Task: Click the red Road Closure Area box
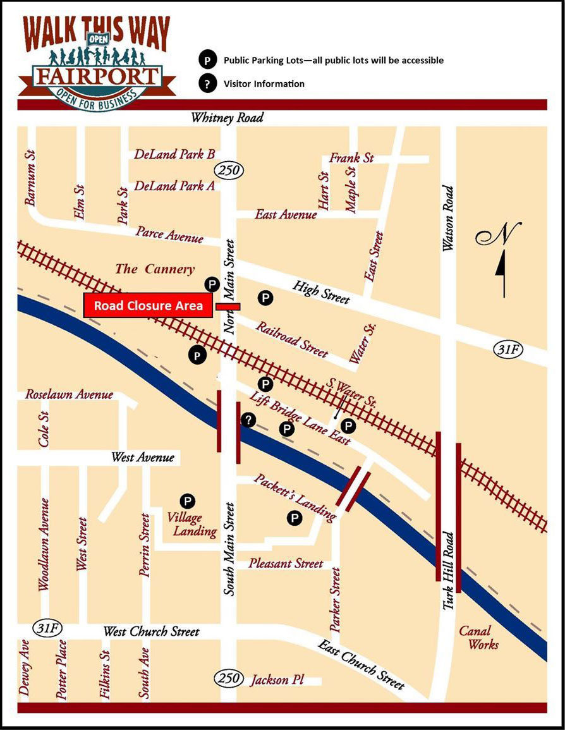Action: coord(148,306)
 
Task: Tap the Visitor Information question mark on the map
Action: coord(248,420)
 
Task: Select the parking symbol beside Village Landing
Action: coord(186,500)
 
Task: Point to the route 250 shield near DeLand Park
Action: coord(227,169)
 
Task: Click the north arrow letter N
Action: coord(497,237)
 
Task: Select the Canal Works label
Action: coord(478,638)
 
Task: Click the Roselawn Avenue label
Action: coord(69,395)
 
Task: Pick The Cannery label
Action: coord(155,269)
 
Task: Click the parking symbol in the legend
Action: coord(206,61)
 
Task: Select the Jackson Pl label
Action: coord(277,680)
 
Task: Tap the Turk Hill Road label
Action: coord(448,569)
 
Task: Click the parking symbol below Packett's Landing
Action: coord(294,518)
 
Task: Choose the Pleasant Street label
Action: coord(286,563)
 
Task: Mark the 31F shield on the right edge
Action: coord(507,350)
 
